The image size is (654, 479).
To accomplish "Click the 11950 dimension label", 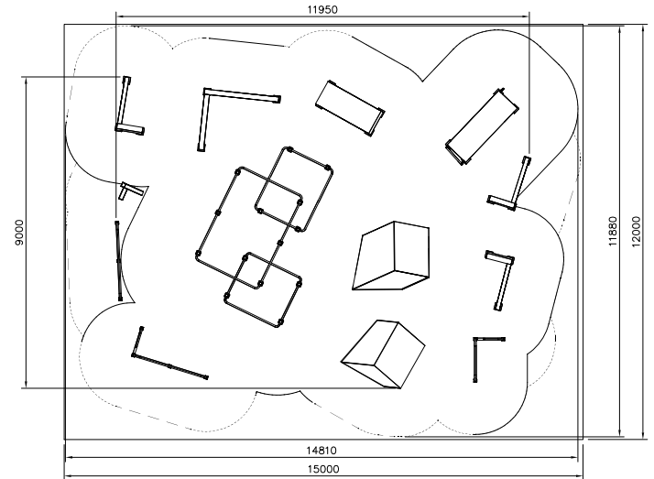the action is tap(322, 9).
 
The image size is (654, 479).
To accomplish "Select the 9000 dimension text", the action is tap(19, 233).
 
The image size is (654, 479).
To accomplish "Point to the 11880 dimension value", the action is tap(612, 232).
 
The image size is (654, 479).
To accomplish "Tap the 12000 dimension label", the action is tap(636, 232).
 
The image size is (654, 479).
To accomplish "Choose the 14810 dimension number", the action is tap(322, 451).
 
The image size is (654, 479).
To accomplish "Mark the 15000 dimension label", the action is tap(323, 469).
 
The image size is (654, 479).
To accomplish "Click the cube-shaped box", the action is tap(391, 256).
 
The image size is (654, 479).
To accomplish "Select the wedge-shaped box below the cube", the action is tap(383, 354).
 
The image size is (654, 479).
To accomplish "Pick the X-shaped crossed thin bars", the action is tap(119, 260).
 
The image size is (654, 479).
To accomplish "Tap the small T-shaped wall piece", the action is tap(132, 191).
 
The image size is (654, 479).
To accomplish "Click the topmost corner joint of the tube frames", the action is tap(289, 149).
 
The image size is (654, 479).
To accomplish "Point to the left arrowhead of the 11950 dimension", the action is tap(119, 16).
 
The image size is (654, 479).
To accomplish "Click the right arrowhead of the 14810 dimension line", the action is tap(574, 457).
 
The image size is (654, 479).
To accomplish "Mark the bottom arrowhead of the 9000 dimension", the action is tap(26, 385).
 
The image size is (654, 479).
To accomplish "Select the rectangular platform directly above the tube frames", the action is tap(350, 108).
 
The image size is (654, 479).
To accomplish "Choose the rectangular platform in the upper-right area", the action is tap(482, 126).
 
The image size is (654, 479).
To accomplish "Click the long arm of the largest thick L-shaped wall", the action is tap(242, 95).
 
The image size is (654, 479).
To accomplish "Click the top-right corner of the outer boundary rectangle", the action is tap(583, 24).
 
